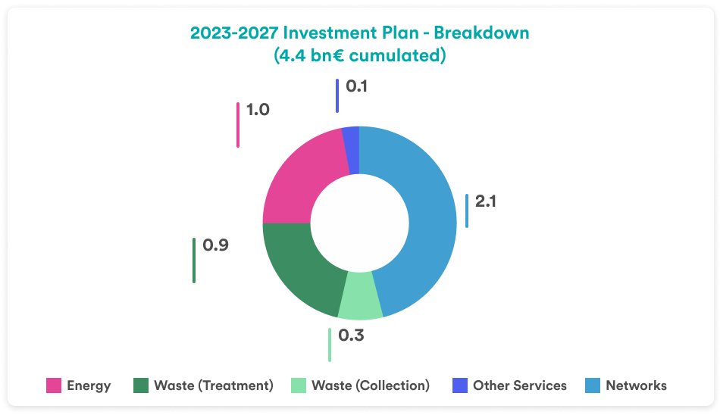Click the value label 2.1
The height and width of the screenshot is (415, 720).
tap(485, 202)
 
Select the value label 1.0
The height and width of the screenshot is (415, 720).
tap(258, 110)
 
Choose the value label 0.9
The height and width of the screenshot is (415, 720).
tap(215, 245)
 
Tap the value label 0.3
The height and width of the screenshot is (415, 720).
tap(351, 335)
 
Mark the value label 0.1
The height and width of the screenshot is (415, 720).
tap(356, 86)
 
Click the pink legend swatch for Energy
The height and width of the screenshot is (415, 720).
tap(54, 385)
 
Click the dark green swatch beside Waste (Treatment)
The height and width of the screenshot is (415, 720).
tap(141, 385)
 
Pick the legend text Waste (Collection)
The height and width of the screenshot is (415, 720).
tap(370, 385)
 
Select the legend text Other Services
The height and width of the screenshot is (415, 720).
tap(519, 385)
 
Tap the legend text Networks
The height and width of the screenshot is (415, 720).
tap(636, 385)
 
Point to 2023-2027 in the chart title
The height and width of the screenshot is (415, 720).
tap(231, 33)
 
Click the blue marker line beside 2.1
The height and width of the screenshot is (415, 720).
tap(467, 211)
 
